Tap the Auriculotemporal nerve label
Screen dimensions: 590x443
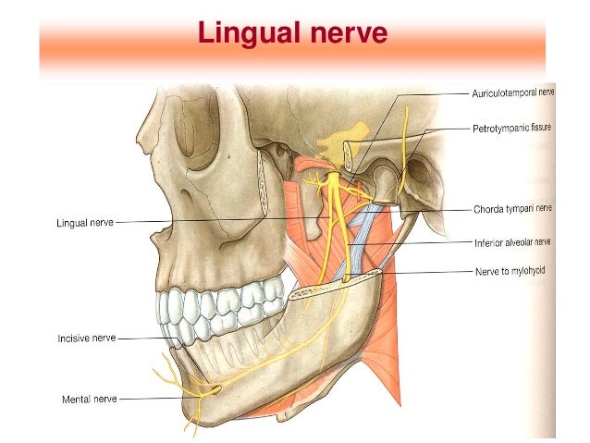(511, 94)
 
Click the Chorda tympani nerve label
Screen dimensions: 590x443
(511, 209)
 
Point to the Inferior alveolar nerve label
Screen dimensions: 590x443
(511, 243)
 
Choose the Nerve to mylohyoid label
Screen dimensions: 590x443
(507, 273)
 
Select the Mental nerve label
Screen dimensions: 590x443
(90, 400)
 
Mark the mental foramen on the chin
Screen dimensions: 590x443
(215, 390)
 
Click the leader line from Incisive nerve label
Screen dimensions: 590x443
(148, 339)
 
